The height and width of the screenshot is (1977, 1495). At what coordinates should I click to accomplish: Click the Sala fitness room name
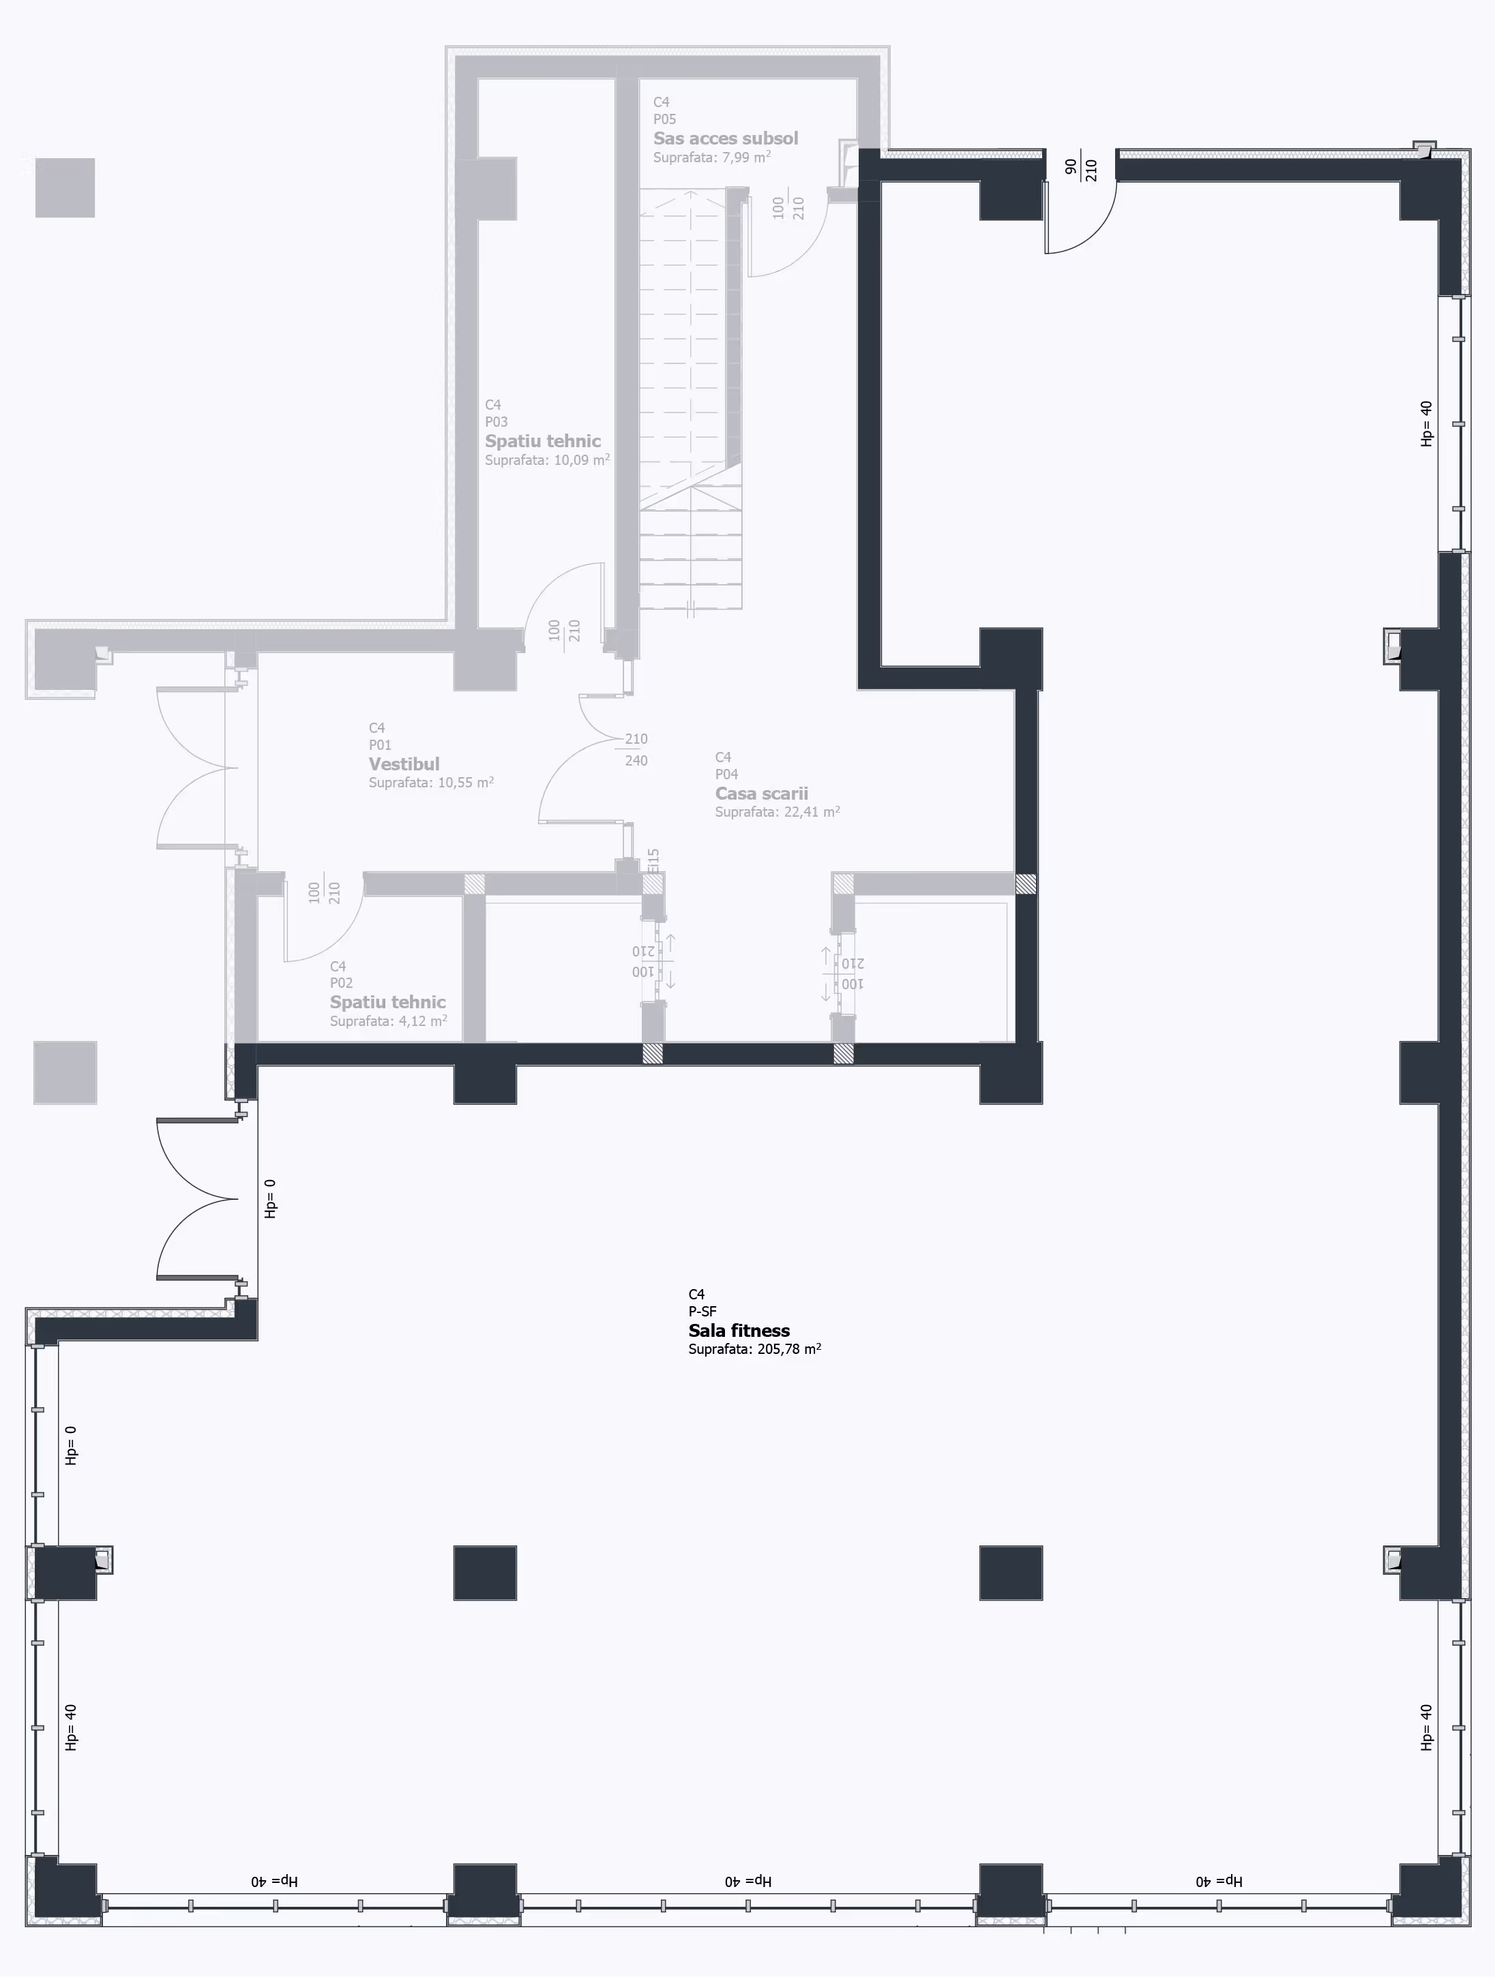tap(739, 1330)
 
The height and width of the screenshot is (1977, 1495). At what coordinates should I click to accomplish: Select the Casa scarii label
tap(761, 793)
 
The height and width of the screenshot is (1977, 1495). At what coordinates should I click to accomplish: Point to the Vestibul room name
tap(404, 764)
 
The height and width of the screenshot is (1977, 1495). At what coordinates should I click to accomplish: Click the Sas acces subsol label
tap(725, 138)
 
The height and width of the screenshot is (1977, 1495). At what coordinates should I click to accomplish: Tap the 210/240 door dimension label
tap(636, 749)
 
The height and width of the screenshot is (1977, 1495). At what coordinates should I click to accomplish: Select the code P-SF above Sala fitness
tap(702, 1311)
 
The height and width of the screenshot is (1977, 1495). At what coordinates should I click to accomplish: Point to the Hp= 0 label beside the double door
tap(270, 1198)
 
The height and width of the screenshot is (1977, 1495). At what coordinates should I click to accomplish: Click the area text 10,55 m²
tap(465, 782)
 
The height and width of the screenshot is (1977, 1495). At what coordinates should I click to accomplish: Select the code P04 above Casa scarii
tap(726, 774)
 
